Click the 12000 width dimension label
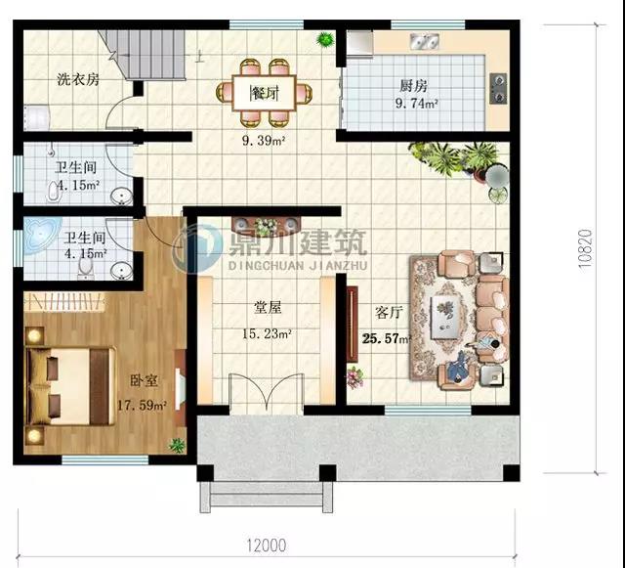click(x=267, y=546)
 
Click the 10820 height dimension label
click(x=585, y=248)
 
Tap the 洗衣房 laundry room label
click(x=78, y=79)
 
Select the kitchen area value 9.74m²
click(x=417, y=104)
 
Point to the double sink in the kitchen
click(x=425, y=41)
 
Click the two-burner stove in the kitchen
click(x=498, y=88)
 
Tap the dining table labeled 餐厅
click(x=264, y=93)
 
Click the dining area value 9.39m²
click(x=264, y=141)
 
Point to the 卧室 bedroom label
click(x=144, y=380)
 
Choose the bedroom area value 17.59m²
click(x=142, y=405)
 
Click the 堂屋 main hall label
click(x=268, y=307)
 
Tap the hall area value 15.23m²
click(x=267, y=333)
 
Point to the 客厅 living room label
click(x=389, y=312)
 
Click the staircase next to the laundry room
click(x=143, y=55)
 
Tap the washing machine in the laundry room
click(x=37, y=117)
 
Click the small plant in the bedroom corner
click(x=178, y=444)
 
